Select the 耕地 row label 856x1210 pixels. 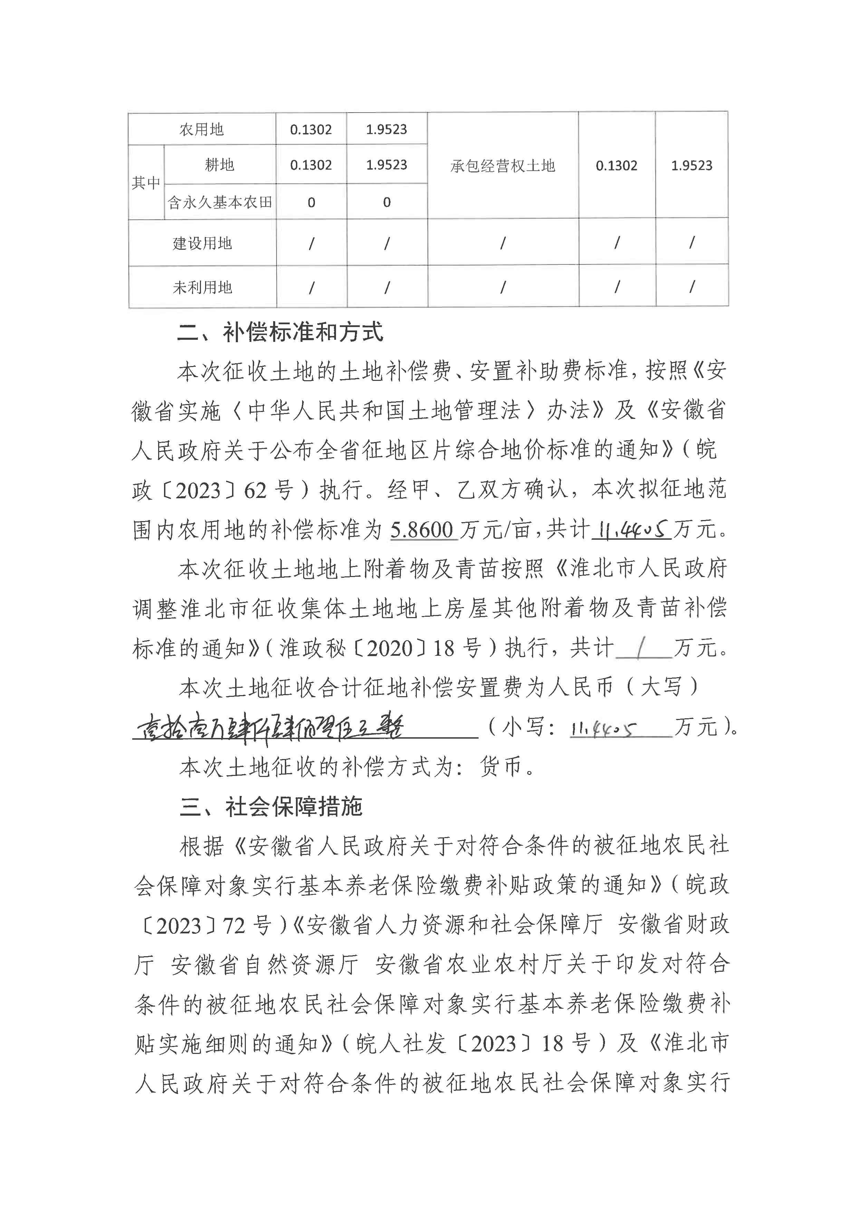click(x=219, y=165)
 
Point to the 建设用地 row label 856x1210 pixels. click(x=202, y=243)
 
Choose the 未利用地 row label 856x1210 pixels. click(x=202, y=287)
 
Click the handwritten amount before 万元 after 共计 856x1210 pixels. click(x=631, y=529)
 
